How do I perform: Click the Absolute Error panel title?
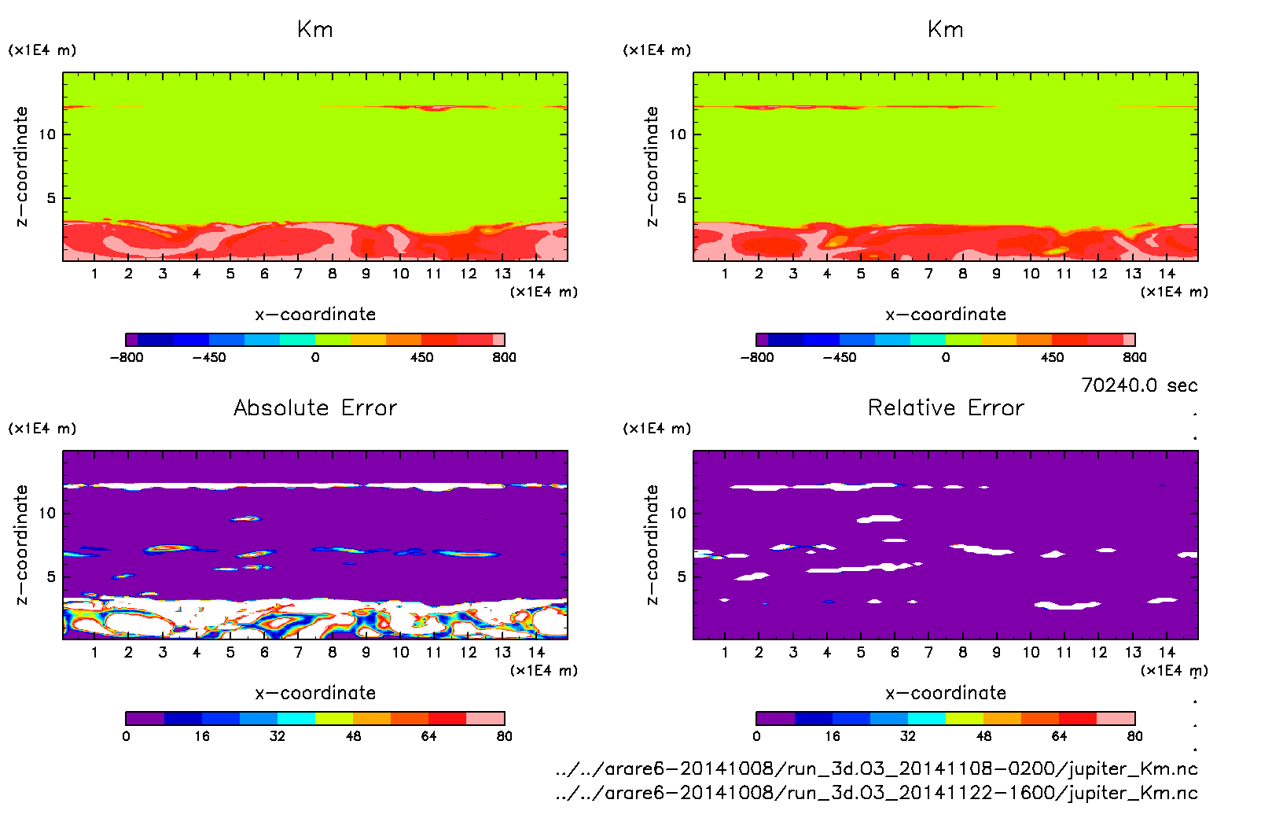click(x=315, y=407)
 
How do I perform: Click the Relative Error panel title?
click(x=946, y=407)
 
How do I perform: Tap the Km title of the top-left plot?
click(x=315, y=30)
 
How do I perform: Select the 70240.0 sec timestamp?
click(x=1139, y=385)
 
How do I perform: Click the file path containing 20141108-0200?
click(x=877, y=768)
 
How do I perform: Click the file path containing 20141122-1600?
click(x=877, y=793)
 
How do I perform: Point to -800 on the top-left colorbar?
click(x=127, y=357)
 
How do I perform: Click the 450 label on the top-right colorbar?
click(x=1052, y=357)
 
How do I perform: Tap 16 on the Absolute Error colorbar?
click(x=202, y=736)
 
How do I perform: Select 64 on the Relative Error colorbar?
click(x=1059, y=736)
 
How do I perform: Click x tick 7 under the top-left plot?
click(x=298, y=274)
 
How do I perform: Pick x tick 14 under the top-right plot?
click(x=1167, y=274)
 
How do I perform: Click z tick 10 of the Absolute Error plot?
click(x=47, y=513)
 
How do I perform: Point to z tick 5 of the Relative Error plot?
click(x=682, y=577)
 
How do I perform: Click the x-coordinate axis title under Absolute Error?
click(x=315, y=693)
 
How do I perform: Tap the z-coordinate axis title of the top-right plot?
click(x=652, y=167)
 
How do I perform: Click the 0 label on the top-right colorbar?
click(x=946, y=357)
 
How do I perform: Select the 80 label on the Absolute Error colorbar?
click(x=504, y=736)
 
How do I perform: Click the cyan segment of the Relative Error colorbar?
click(x=927, y=718)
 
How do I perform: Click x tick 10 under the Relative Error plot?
click(x=1031, y=652)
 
